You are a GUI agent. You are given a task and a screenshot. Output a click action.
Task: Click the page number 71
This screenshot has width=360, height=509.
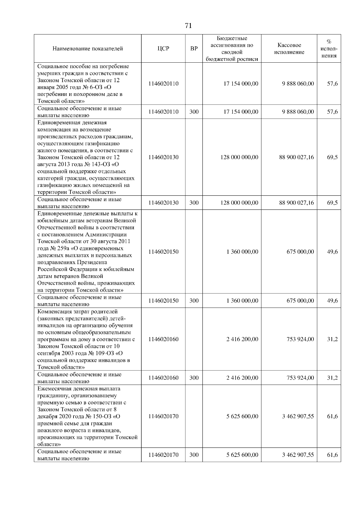coord(188,26)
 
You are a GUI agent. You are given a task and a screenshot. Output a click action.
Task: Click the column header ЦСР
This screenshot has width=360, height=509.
coord(163,49)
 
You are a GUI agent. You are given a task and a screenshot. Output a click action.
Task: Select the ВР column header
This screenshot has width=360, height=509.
coord(194,49)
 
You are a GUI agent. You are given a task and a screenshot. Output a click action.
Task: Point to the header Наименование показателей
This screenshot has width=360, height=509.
coord(88,49)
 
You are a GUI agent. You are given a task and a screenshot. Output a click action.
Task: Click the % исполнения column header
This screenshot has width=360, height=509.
coord(329,49)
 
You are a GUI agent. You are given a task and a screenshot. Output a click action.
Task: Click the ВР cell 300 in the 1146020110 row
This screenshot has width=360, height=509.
coord(194,112)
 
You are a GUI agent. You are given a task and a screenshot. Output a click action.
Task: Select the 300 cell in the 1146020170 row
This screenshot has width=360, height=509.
coord(194,455)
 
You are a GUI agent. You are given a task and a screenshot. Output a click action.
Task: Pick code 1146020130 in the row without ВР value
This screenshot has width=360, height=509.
coord(163,157)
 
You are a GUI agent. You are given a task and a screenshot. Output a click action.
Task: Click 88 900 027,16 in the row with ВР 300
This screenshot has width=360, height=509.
coord(296,203)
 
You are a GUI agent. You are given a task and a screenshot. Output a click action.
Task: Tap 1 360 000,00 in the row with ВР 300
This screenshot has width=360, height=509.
coord(242,301)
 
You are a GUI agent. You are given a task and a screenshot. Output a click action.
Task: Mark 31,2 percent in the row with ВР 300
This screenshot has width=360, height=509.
coord(332,378)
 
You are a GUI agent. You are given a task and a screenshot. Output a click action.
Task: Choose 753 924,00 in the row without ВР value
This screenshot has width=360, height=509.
coord(300,339)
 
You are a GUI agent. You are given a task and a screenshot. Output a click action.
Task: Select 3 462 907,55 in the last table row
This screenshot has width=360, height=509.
coord(298,455)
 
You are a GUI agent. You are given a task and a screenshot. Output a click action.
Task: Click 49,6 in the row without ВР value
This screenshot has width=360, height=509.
coord(332,252)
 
